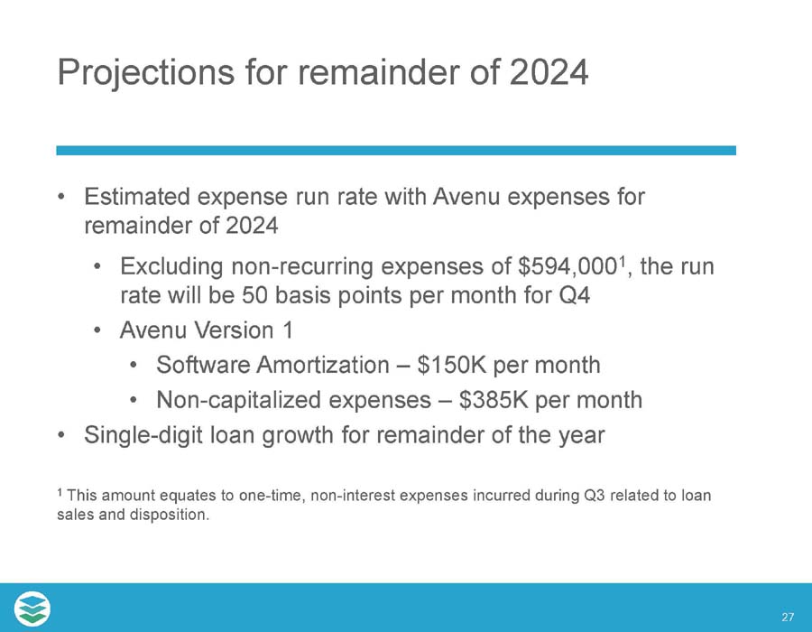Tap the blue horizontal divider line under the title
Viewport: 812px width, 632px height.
[396, 150]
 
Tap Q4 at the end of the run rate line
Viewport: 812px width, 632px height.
[573, 296]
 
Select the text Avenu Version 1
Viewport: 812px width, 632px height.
[204, 330]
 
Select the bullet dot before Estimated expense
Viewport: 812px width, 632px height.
[60, 197]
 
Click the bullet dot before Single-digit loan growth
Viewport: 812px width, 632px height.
[60, 435]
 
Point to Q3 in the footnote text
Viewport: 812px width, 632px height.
[595, 496]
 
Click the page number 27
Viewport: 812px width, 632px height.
[788, 618]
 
